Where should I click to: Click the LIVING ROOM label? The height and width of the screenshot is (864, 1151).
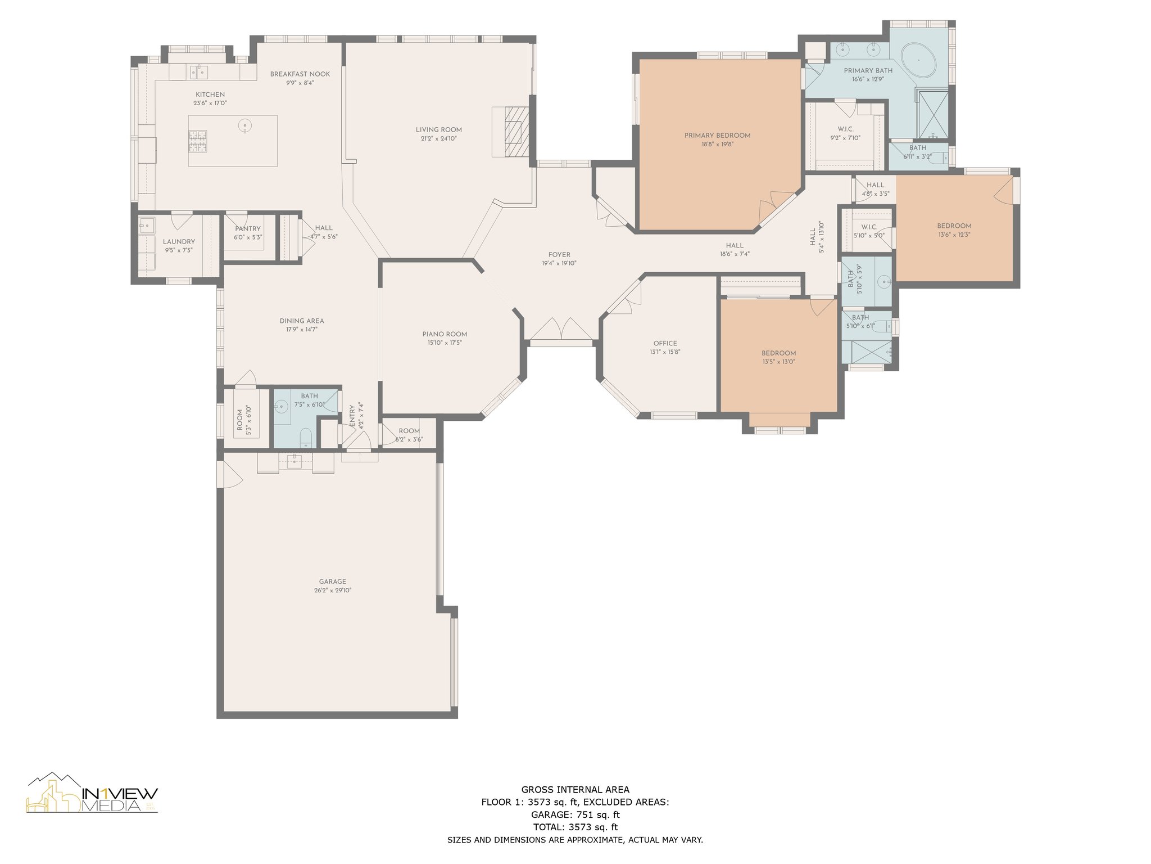(439, 130)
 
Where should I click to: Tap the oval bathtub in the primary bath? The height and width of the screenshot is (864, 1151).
(919, 60)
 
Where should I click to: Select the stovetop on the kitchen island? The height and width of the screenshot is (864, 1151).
(198, 141)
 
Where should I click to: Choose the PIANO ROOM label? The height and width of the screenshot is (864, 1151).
(445, 334)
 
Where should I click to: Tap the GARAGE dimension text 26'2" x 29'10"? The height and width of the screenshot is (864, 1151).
(333, 591)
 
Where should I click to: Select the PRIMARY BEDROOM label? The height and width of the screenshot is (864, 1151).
(718, 136)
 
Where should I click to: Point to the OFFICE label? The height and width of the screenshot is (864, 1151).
(665, 343)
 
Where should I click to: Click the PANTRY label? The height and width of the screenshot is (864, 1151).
(248, 228)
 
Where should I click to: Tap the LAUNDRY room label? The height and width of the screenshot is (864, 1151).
(179, 241)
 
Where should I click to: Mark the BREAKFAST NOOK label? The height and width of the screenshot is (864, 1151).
(300, 74)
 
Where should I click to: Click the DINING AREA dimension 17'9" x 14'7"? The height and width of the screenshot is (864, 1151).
(302, 330)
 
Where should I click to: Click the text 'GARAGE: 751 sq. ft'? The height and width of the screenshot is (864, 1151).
(575, 814)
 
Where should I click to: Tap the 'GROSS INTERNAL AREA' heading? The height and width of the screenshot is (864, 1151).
(575, 790)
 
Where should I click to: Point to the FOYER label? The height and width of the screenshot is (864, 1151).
(559, 255)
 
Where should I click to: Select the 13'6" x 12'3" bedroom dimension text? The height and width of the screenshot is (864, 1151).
(954, 235)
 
